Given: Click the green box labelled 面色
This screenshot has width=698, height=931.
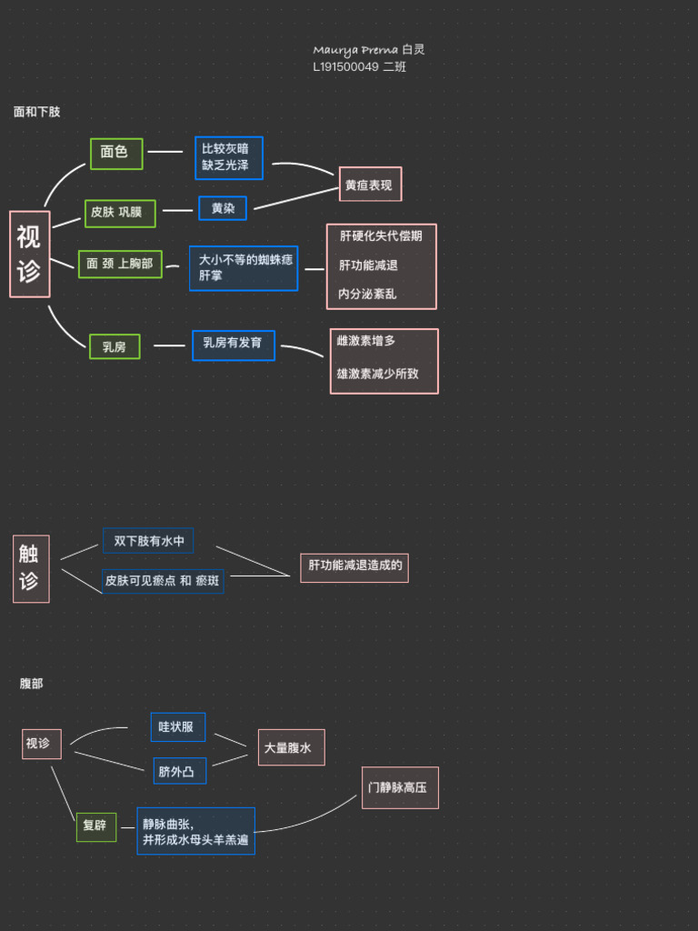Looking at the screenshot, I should pos(116,153).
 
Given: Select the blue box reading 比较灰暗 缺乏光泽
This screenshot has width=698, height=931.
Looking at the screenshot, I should pos(228,157).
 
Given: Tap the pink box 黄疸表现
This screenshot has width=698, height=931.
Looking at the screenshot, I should pos(370,185).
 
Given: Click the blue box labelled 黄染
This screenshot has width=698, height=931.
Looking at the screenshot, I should pos(223,208).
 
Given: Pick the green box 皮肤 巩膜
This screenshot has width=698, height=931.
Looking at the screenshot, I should pos(120,213).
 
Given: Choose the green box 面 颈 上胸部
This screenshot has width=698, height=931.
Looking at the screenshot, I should pos(120,264).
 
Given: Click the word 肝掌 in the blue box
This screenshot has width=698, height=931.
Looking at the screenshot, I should pos(211,275).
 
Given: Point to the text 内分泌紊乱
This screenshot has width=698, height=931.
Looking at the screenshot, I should pos(367,294).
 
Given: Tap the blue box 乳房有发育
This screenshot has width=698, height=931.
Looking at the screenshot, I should pos(233,345).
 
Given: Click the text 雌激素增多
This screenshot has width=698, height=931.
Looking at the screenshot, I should pos(366,340).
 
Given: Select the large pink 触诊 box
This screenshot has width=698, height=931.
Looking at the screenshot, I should pos(30,568).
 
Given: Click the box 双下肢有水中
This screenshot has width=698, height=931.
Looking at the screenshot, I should pos(148,541).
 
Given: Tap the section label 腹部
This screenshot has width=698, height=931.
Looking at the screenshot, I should pos(32,684).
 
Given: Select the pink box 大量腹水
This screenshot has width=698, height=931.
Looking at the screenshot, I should pos(291,747).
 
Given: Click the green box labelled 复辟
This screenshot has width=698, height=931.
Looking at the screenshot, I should pos(95,826).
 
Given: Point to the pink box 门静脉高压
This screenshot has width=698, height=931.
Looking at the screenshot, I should pos(400,787).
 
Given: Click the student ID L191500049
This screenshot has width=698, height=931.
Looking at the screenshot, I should pos(346,66).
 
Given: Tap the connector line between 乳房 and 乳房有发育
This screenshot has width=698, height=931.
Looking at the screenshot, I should pos(169,345).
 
